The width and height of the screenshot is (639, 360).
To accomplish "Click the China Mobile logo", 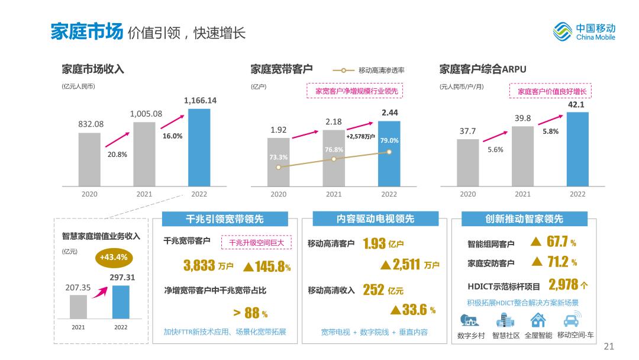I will (584, 31).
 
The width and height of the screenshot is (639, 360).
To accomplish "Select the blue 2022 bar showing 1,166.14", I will (199, 146).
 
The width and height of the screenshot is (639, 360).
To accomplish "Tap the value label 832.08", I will (90, 124).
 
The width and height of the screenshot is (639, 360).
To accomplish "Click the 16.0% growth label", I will (172, 136).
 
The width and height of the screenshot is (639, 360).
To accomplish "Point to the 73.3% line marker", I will (278, 167).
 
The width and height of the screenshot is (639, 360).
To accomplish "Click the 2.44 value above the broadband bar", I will (389, 112).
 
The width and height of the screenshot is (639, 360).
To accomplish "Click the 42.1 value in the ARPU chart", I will (576, 104).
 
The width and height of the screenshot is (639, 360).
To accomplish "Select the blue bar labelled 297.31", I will (121, 302).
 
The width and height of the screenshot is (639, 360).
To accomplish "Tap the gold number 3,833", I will (199, 265).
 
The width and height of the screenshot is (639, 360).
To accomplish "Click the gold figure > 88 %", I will (250, 313).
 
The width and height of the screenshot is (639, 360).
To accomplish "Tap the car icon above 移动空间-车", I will (571, 320).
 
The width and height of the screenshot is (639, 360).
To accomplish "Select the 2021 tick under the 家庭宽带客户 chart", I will (333, 194).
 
